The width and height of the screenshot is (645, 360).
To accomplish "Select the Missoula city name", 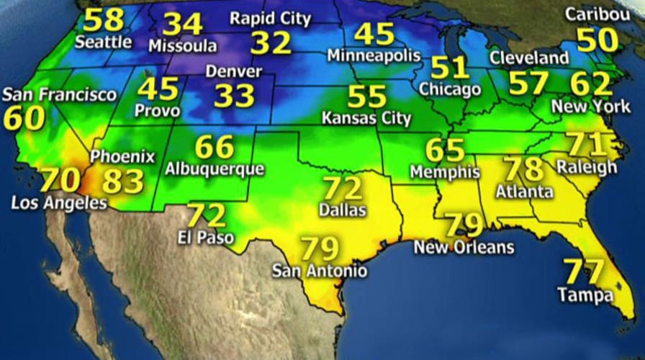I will tap(183, 46).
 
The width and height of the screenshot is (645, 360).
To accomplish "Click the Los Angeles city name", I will tap(59, 204).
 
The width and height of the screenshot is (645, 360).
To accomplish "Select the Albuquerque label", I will tap(215, 170).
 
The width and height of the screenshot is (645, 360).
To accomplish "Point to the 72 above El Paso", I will tap(207, 215).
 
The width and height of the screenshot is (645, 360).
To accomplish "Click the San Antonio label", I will tap(320, 271).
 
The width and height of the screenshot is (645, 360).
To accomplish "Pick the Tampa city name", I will tap(585, 294).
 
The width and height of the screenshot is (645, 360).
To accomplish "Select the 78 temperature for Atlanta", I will tap(523, 169).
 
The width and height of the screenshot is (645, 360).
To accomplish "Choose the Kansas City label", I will tap(366, 117).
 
